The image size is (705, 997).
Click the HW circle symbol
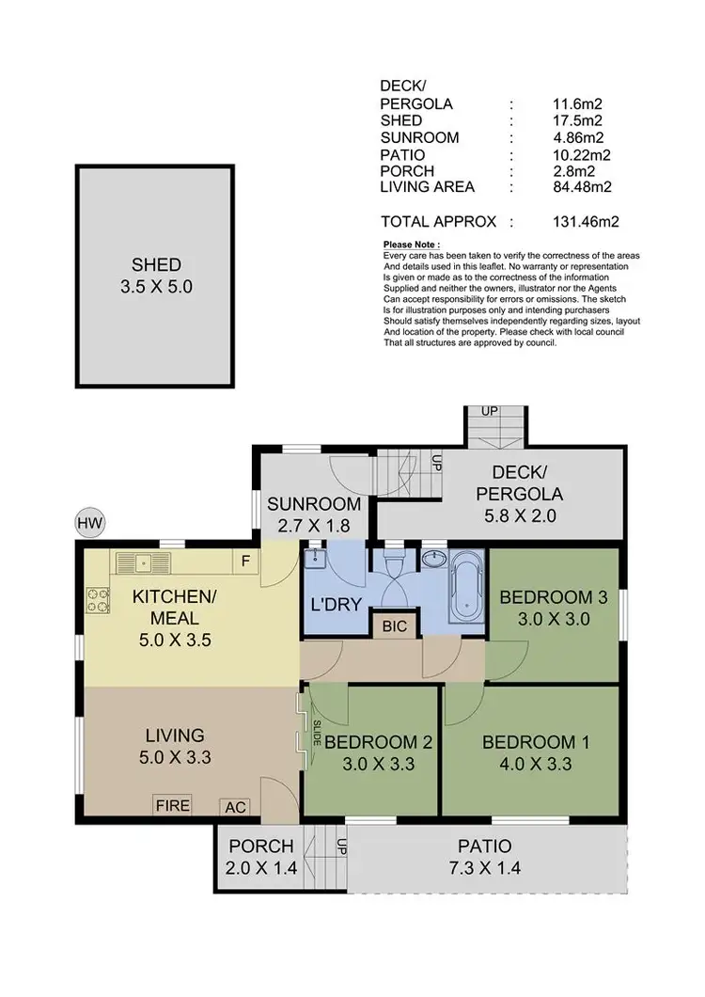pyautogui.click(x=90, y=524)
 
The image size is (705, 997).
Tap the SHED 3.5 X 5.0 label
pyautogui.click(x=156, y=277)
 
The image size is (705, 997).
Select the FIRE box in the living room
pyautogui.click(x=173, y=805)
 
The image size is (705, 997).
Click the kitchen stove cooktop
pyautogui.click(x=98, y=599)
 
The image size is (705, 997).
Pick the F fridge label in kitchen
pyautogui.click(x=245, y=563)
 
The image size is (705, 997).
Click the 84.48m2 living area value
pyautogui.click(x=583, y=187)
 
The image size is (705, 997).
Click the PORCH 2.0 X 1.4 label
pyautogui.click(x=262, y=857)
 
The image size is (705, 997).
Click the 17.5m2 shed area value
pyautogui.click(x=578, y=120)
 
